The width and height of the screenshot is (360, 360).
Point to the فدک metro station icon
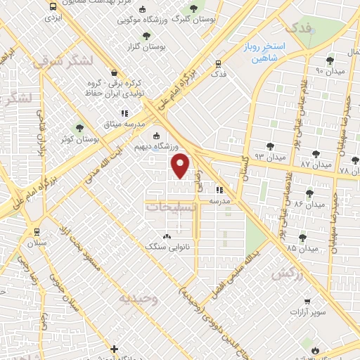219,64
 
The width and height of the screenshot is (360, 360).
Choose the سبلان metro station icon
37,231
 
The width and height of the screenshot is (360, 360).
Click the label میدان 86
309,204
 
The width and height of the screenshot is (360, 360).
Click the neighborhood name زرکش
288,273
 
